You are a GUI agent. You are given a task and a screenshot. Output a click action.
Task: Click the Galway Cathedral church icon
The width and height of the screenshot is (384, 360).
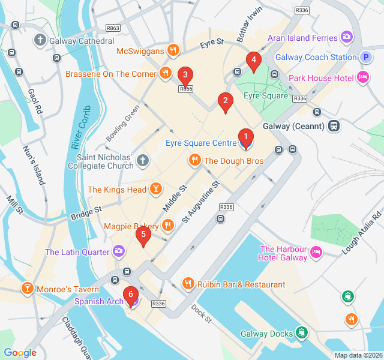pyautogui.click(x=40, y=41)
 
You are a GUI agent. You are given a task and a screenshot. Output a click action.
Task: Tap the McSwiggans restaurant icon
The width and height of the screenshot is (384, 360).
pyautogui.click(x=173, y=50)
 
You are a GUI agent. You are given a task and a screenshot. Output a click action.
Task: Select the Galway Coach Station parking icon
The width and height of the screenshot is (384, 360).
pyautogui.click(x=366, y=58)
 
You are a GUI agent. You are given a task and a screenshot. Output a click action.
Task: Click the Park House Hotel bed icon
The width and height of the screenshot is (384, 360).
pyautogui.click(x=362, y=77)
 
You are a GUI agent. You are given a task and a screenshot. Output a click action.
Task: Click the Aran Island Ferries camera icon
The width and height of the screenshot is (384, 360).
pyautogui.click(x=347, y=38)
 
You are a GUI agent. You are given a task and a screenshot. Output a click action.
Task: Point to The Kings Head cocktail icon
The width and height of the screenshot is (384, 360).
pyautogui.click(x=155, y=190)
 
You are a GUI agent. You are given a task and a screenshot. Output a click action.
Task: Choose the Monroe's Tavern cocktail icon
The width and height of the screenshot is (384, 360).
pyautogui.click(x=27, y=289)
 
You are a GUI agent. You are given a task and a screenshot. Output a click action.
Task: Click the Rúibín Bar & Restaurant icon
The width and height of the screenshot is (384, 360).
pyautogui.click(x=188, y=284)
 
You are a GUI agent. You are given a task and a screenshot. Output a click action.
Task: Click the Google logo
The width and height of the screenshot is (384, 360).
pyautogui.click(x=20, y=353)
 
